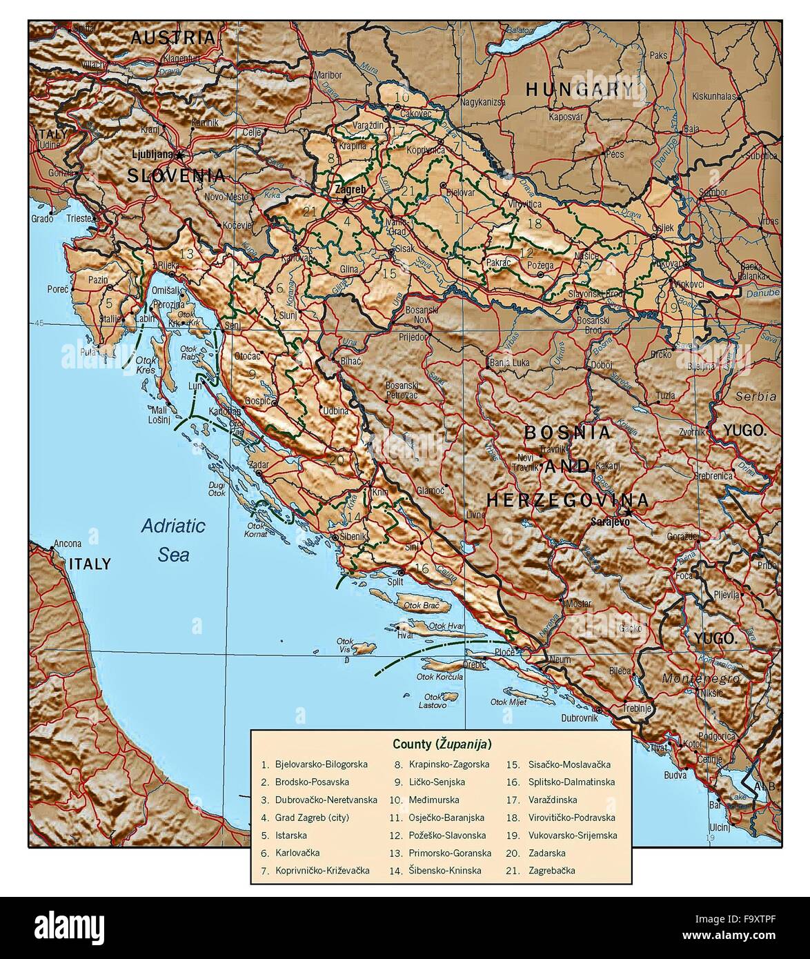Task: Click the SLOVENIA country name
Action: [176, 175]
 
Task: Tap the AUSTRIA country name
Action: [173, 37]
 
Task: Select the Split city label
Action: [395, 582]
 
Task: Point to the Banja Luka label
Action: [509, 362]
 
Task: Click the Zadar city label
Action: [260, 466]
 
